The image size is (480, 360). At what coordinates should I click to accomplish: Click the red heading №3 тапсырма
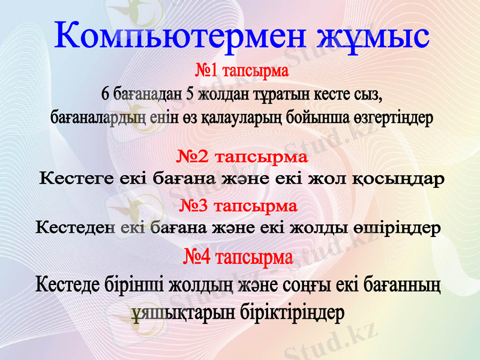[x=239, y=206]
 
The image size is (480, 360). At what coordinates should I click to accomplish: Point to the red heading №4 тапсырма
[x=238, y=259]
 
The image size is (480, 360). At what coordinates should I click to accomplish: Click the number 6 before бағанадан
[x=106, y=95]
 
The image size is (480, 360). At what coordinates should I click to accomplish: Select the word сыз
[x=368, y=95]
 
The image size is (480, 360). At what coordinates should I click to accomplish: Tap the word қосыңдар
[x=398, y=179]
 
